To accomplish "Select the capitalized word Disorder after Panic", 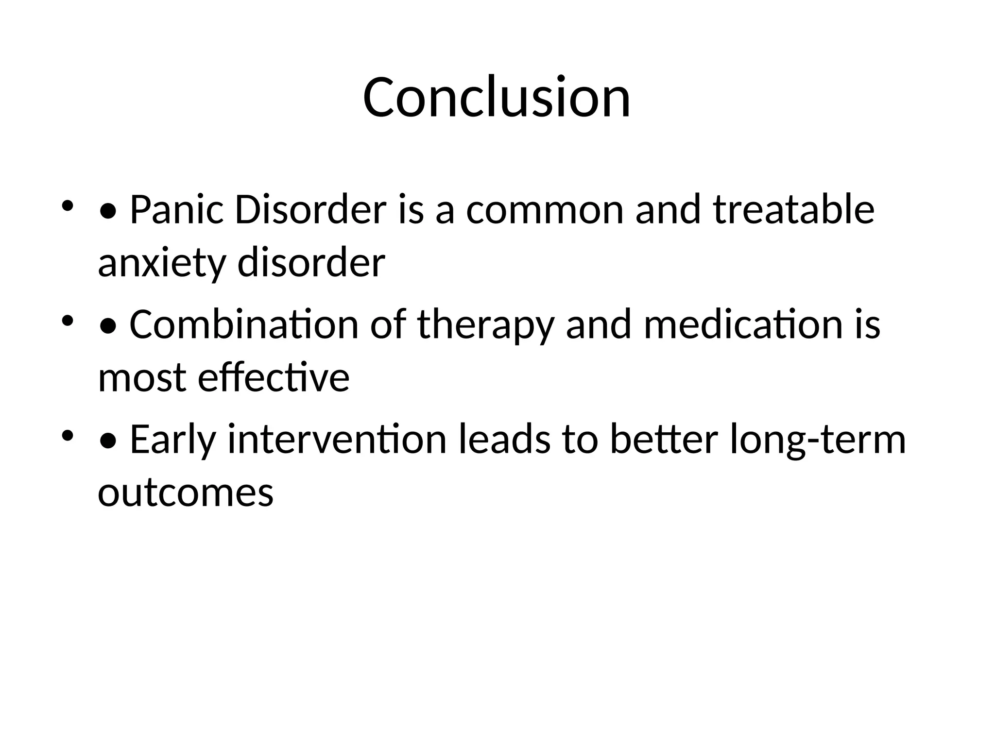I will (x=310, y=210).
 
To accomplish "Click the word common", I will (x=545, y=210).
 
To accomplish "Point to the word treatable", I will (x=794, y=210).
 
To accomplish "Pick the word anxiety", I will (x=162, y=264).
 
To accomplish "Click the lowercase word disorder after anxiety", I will (x=311, y=264).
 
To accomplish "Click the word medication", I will (x=743, y=324).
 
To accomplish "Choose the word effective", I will (x=274, y=377).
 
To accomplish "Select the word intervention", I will (x=337, y=439).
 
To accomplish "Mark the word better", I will (x=664, y=439).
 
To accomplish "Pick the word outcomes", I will (x=186, y=493).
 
